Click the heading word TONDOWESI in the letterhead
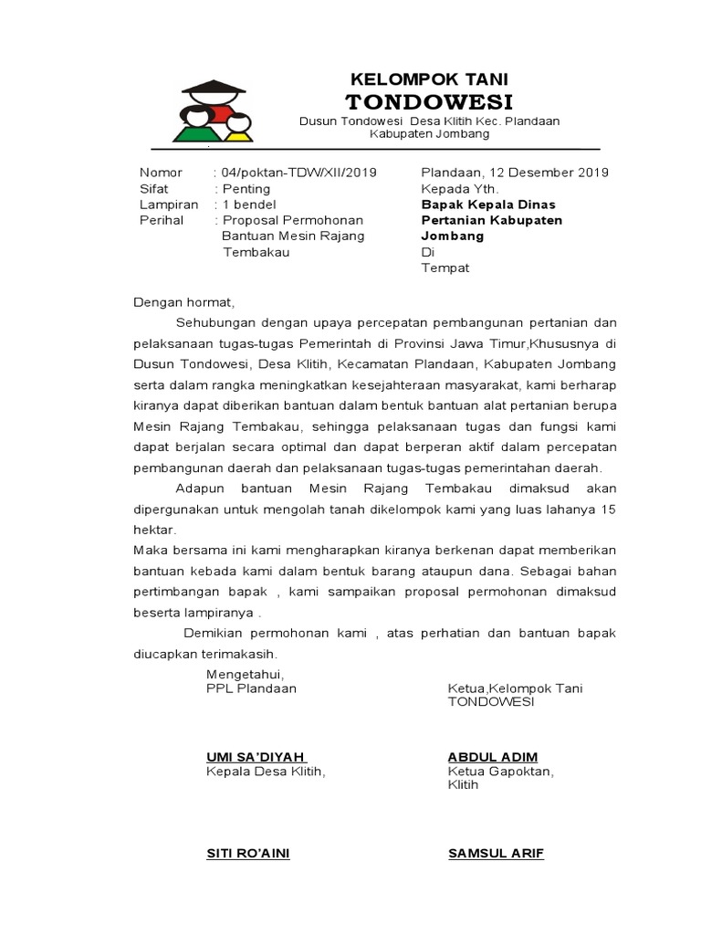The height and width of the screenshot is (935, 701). click(429, 100)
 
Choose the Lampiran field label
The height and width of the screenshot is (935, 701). click(168, 205)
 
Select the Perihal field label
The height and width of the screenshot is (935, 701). click(162, 220)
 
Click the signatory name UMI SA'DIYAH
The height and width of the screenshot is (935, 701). click(256, 757)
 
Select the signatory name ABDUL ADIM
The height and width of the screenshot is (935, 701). click(492, 757)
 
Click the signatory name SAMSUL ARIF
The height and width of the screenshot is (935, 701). click(496, 854)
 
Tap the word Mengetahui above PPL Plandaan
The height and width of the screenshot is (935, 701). click(246, 674)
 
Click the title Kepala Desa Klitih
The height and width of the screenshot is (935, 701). click(265, 772)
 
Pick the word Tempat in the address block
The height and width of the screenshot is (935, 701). click(445, 268)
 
